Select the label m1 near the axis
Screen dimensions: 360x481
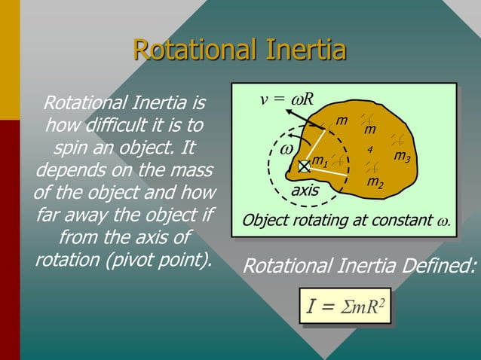click(320, 161)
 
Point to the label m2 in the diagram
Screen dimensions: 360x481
click(374, 183)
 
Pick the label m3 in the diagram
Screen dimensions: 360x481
click(402, 157)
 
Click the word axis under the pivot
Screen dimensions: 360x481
click(305, 191)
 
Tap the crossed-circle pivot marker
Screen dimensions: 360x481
click(303, 166)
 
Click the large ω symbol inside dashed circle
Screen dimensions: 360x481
click(286, 148)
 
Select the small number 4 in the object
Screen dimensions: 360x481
click(370, 150)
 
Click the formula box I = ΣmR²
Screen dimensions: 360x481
click(345, 307)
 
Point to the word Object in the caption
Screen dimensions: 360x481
click(263, 221)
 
